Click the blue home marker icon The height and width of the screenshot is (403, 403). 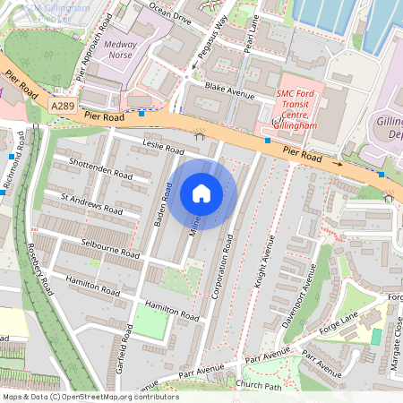coord(201,193)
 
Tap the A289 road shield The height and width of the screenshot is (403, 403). coord(62,106)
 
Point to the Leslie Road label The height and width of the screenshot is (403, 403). coord(163,146)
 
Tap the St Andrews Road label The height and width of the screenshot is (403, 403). coord(90,202)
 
